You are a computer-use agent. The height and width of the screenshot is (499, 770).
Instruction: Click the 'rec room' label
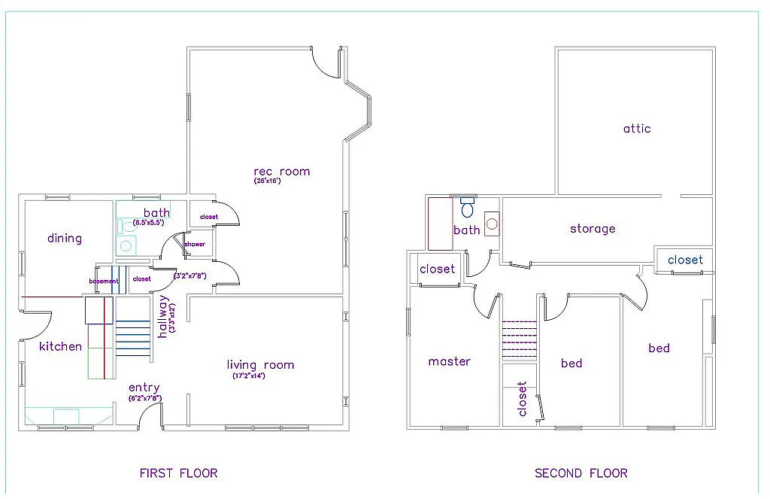281,172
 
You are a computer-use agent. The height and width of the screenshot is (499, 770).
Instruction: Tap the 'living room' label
260,365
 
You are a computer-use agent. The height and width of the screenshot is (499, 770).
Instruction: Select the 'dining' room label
65,239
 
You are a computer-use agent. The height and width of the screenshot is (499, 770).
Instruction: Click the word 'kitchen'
60,346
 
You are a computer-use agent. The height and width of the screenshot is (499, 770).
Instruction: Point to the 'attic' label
637,129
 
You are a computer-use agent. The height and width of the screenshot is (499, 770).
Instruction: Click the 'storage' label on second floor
593,229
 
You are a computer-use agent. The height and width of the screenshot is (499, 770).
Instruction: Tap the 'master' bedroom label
449,361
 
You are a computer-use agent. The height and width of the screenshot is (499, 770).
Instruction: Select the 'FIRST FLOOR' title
178,473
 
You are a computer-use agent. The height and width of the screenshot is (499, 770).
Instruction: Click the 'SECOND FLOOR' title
581,473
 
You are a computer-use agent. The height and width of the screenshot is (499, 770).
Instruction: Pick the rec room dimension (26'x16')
267,181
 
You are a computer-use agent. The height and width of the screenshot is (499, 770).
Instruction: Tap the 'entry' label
144,388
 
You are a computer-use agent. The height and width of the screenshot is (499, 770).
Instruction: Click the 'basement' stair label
104,281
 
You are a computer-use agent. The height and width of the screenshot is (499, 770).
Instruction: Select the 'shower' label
195,245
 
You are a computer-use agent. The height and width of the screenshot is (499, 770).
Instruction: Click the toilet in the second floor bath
468,207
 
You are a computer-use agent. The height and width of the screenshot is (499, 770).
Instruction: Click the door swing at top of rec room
326,63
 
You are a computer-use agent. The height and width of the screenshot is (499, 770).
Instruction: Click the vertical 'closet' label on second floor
523,399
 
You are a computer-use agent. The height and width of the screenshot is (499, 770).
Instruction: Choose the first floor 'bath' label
157,213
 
